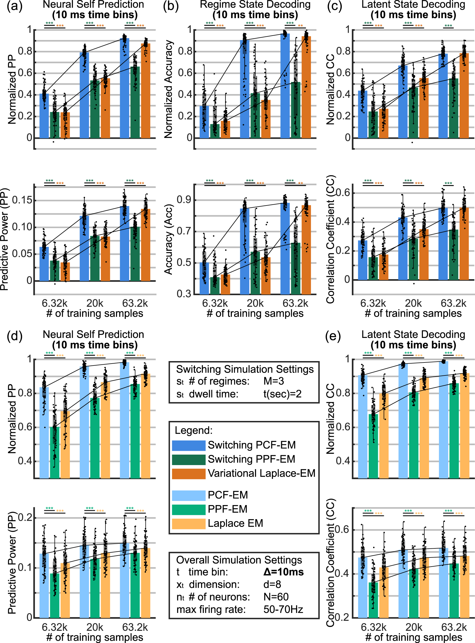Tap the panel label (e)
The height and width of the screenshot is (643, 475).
click(333, 336)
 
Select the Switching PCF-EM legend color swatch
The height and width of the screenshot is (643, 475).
click(189, 445)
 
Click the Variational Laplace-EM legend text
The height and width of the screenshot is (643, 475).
click(261, 473)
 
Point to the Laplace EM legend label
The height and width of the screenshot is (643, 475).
click(235, 523)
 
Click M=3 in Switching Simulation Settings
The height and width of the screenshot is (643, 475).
click(273, 381)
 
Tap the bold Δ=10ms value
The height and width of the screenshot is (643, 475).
click(283, 572)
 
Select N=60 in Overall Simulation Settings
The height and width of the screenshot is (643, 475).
click(276, 597)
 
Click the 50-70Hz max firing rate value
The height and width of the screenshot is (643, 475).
click(283, 609)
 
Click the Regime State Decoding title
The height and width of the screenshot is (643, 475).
click(255, 5)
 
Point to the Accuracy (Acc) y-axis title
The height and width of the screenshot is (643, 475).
click(168, 239)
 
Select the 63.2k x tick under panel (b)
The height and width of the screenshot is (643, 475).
click(295, 303)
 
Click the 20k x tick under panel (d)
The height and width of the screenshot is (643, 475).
click(95, 627)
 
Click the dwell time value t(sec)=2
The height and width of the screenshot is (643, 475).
click(282, 394)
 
